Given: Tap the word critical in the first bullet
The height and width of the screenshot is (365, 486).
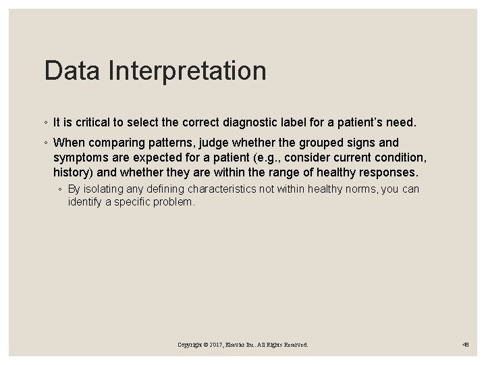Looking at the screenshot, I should tap(94, 123).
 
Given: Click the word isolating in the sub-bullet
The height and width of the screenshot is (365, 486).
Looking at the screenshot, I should tap(105, 189).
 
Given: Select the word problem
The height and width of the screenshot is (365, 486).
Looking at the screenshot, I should tap(174, 202).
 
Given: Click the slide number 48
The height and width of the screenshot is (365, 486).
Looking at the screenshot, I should tap(466, 345).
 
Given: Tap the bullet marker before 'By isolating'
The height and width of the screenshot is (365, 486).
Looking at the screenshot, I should tap(61, 189).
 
